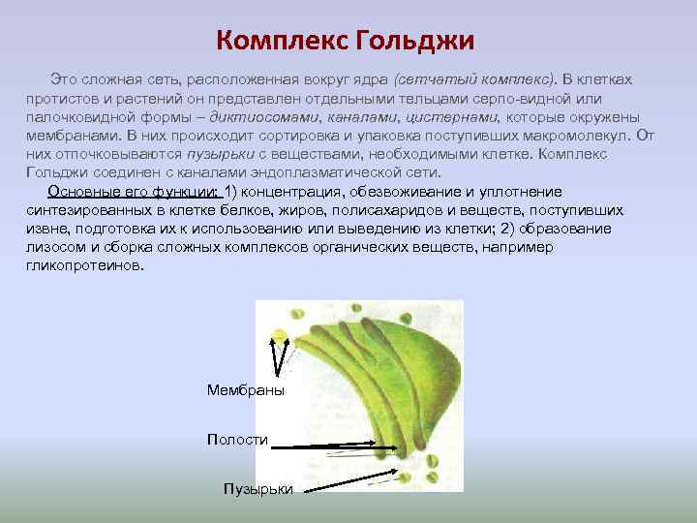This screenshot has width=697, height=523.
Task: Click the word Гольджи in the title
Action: click(x=415, y=41)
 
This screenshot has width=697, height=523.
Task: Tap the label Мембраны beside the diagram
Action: click(x=246, y=389)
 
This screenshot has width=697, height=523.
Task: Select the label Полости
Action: click(x=237, y=440)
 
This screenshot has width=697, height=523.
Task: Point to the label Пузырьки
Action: click(x=258, y=489)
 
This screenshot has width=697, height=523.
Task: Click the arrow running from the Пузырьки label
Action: click(x=348, y=483)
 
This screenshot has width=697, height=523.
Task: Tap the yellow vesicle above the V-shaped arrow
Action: click(x=281, y=335)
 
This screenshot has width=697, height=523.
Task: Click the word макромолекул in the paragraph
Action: click(x=561, y=136)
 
